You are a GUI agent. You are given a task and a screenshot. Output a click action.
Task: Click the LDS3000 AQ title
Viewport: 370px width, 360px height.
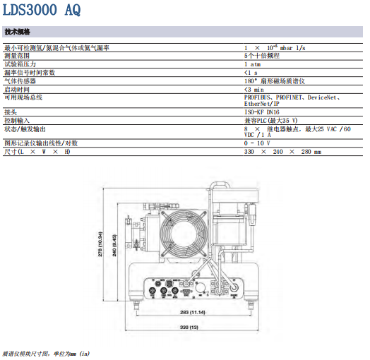(42, 10)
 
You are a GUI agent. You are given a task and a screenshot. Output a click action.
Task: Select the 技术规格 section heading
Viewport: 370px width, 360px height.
(17, 32)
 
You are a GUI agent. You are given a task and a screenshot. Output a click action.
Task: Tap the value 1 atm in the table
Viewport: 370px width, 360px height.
(253, 64)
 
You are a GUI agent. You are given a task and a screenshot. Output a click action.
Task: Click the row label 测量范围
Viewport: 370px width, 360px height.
(17, 56)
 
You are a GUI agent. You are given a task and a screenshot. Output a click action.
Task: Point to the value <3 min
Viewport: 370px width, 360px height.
(254, 90)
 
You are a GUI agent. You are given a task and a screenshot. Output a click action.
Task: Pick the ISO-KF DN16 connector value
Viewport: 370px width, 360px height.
(262, 112)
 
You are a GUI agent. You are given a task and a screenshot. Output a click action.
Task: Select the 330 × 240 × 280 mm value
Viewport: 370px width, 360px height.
(282, 152)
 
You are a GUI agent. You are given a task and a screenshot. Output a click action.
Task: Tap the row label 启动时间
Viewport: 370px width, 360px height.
(17, 90)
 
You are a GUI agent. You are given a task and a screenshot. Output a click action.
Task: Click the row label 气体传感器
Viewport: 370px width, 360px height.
(20, 81)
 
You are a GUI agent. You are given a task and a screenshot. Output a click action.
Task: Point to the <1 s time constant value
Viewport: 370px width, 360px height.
(251, 73)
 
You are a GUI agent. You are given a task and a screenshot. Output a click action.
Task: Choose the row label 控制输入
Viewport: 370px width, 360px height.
(17, 121)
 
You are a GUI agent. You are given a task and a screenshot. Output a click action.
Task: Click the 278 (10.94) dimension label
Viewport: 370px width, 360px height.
(100, 244)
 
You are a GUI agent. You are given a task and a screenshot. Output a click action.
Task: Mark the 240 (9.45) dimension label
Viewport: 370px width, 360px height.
(114, 246)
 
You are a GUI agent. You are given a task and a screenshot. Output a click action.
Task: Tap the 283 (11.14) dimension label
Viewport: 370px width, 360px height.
(193, 312)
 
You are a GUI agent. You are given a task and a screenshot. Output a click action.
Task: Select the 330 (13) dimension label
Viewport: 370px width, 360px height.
(189, 328)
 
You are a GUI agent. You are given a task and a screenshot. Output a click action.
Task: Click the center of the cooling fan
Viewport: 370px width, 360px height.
(184, 234)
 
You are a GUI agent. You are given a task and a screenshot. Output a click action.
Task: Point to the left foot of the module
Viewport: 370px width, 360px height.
(136, 304)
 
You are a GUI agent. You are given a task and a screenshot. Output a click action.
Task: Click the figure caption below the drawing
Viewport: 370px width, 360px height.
(46, 354)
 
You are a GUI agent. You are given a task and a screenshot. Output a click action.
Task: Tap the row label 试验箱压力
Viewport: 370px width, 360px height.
(20, 64)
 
